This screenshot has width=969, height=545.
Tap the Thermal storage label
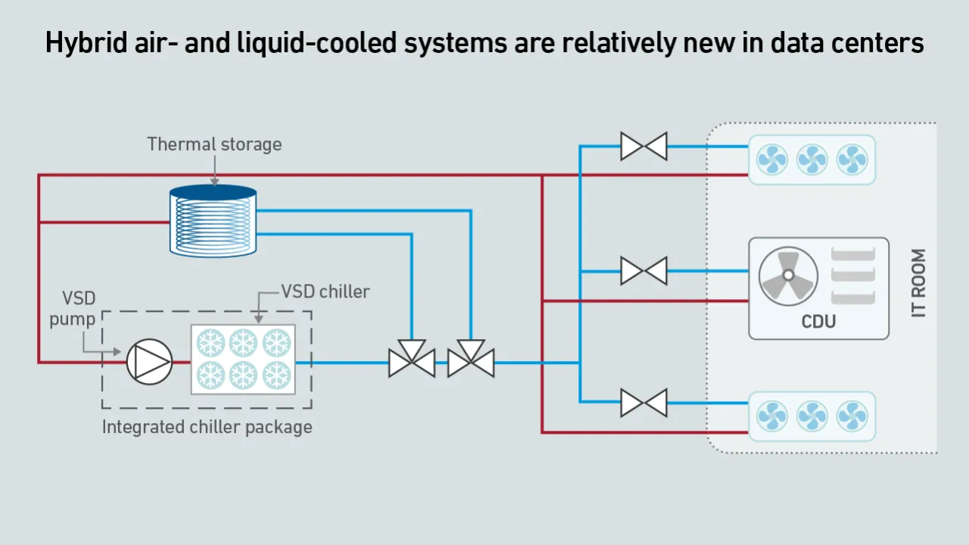point(214,144)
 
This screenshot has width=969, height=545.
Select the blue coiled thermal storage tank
point(213,220)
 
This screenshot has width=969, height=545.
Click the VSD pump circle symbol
point(149,362)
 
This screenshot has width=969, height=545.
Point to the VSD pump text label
point(73,308)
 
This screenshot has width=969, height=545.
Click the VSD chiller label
point(326,291)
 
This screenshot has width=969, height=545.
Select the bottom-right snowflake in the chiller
point(276,375)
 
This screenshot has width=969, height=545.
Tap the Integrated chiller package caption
point(207,427)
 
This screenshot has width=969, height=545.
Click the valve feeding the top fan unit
point(643,146)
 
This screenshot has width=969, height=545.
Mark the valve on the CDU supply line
point(643,270)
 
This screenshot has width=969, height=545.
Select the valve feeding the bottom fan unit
point(643,403)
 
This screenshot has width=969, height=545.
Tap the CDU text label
point(818,322)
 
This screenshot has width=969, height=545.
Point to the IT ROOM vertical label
point(918,283)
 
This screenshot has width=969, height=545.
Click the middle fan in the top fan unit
point(812,160)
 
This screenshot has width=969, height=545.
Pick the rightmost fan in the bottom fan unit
point(852,416)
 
